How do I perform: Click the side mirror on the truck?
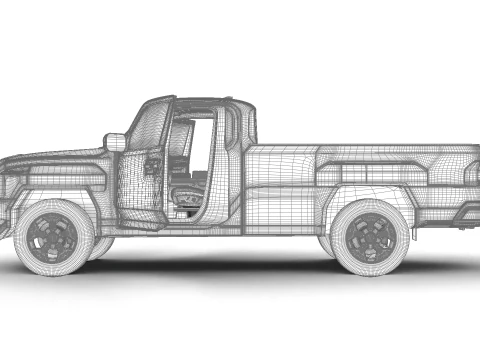(116, 142)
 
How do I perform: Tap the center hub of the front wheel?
(53, 237)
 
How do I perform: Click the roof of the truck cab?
(200, 102)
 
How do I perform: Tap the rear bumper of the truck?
(468, 216)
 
